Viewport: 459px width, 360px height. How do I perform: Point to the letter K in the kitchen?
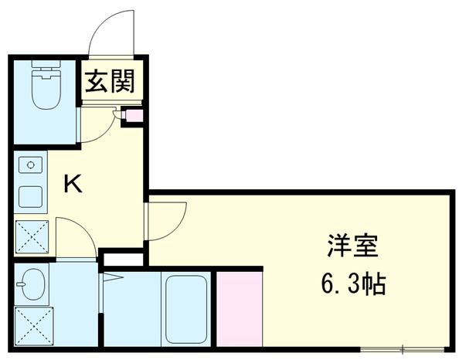[x=73, y=184]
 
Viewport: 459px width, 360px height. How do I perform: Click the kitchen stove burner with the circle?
[x=31, y=165]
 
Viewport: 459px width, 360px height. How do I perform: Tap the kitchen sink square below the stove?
[x=31, y=196]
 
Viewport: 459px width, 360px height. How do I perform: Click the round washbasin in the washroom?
[x=32, y=284]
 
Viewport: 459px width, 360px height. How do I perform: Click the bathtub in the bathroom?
[x=186, y=309]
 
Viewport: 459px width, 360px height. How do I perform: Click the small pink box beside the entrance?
[x=134, y=117]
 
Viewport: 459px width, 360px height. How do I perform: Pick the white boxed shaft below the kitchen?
[x=123, y=259]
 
